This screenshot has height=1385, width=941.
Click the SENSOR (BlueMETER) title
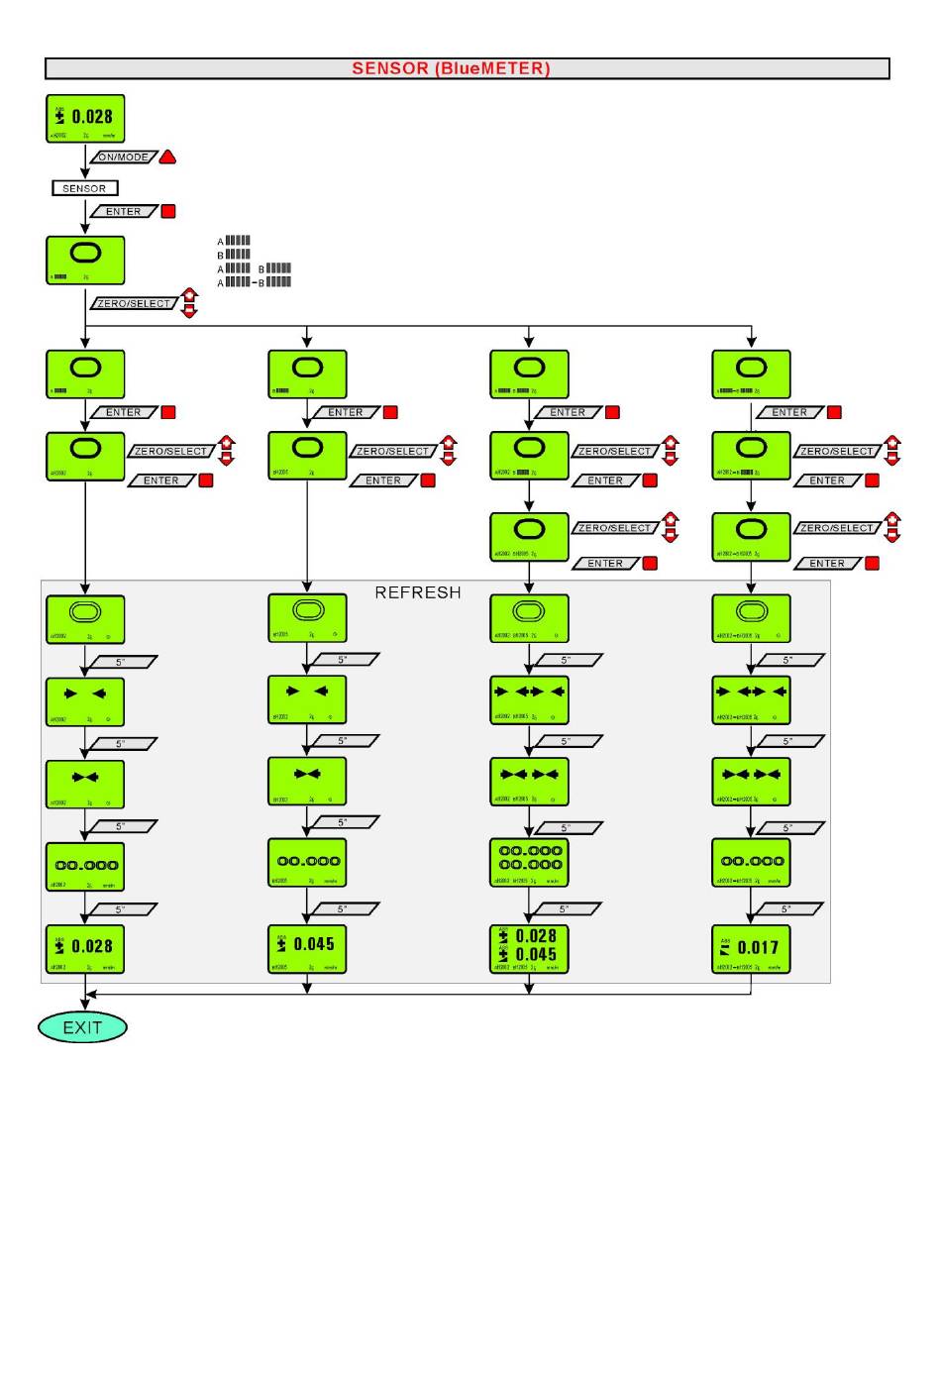pyautogui.click(x=451, y=68)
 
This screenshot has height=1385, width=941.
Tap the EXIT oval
pyautogui.click(x=82, y=1027)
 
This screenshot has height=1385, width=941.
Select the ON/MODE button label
pyautogui.click(x=124, y=158)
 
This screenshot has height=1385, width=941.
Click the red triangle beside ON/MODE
pyautogui.click(x=167, y=158)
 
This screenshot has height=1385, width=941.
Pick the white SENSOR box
pyautogui.click(x=84, y=188)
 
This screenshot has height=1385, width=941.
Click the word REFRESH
pyautogui.click(x=417, y=592)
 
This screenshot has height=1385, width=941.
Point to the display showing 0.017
pyautogui.click(x=751, y=949)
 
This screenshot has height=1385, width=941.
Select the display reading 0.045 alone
pyautogui.click(x=307, y=949)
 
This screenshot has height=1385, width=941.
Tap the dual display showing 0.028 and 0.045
pyautogui.click(x=529, y=949)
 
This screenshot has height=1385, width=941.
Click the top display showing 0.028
pyautogui.click(x=85, y=118)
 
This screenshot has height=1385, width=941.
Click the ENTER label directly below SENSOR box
pyautogui.click(x=124, y=211)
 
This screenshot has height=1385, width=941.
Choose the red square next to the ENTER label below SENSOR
pyautogui.click(x=168, y=211)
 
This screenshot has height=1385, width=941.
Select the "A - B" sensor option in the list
pyautogui.click(x=254, y=282)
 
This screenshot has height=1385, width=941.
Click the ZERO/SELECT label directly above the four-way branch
pyautogui.click(x=134, y=303)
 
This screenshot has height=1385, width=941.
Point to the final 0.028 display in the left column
pyautogui.click(x=85, y=949)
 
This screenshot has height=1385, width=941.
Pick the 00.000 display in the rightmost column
pyautogui.click(x=751, y=862)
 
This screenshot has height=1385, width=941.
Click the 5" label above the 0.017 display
pyautogui.click(x=786, y=908)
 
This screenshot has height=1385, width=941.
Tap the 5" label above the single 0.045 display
pyautogui.click(x=343, y=908)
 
